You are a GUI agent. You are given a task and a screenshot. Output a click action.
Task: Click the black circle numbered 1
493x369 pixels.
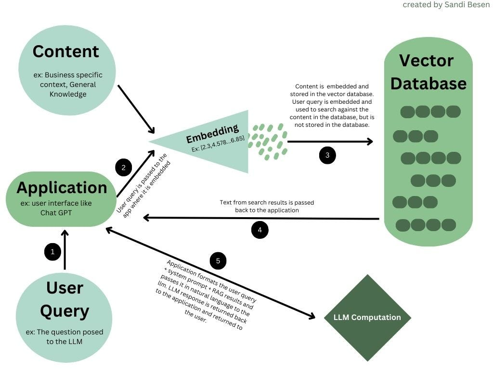point(52,251)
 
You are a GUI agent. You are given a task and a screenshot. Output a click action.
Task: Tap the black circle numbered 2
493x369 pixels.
point(124,167)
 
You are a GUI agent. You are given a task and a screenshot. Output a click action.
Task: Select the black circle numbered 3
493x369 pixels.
point(327,155)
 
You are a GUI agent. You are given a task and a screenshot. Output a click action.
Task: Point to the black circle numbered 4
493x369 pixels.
point(260,230)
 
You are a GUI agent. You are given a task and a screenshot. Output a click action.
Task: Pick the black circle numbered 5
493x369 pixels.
point(218,261)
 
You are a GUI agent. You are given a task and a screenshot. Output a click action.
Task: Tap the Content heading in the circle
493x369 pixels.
point(66,51)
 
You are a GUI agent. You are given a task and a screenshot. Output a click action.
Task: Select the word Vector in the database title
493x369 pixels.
point(427,61)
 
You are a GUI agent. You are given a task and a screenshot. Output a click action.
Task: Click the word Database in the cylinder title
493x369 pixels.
point(428,84)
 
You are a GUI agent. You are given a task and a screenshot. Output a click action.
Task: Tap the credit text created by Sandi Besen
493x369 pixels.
point(446,5)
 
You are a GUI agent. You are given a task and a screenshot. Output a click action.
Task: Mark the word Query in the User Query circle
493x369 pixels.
point(65,311)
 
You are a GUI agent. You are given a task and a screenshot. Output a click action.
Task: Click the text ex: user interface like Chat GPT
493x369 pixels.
point(56,208)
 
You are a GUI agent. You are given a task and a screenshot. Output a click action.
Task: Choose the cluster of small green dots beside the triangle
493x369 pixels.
point(267,141)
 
